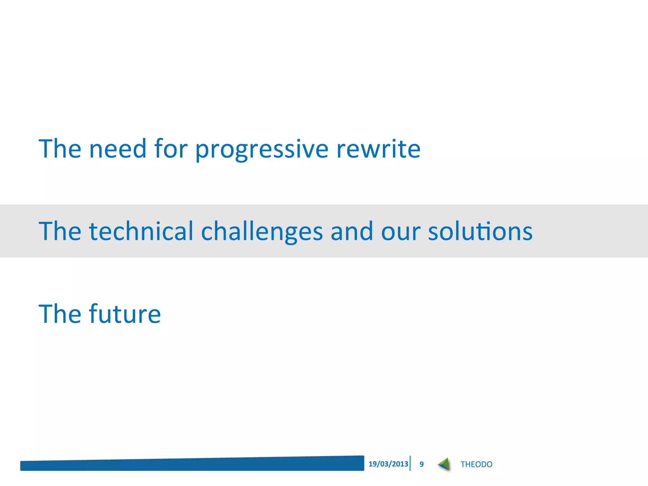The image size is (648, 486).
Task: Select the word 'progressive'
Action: coord(262,149)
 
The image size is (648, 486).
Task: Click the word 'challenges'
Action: coord(262,232)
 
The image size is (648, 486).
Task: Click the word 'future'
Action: coord(125,314)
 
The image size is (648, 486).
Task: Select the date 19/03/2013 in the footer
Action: coord(388,464)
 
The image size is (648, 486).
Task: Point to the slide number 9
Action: coord(421,464)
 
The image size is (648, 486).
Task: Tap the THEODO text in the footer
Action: coord(476,464)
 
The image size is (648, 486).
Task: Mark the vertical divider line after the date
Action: coord(410,464)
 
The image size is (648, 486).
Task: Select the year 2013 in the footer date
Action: coord(400,464)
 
